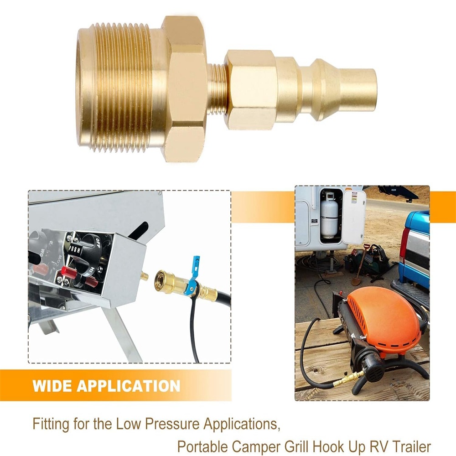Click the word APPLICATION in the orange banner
click(x=128, y=386)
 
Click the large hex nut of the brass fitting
click(x=184, y=88)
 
